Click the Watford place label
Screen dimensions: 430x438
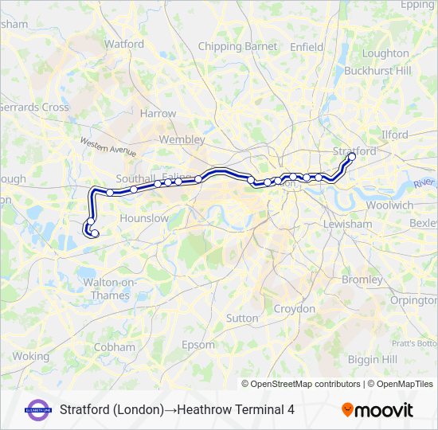124,44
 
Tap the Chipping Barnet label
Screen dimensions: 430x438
238,47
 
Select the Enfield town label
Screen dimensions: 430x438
307,47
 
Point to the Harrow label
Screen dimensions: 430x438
158,114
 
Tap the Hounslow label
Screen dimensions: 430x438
143,218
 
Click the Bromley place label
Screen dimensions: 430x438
362,279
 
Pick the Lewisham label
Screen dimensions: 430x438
347,225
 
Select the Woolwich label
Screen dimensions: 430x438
389,205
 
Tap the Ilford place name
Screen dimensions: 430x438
395,135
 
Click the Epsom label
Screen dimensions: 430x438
198,345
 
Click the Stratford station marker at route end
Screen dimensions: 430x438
351,157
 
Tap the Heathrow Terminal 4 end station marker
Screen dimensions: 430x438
95,234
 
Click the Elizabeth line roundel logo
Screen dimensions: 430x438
38,410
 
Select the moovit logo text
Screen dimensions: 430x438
377,410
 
